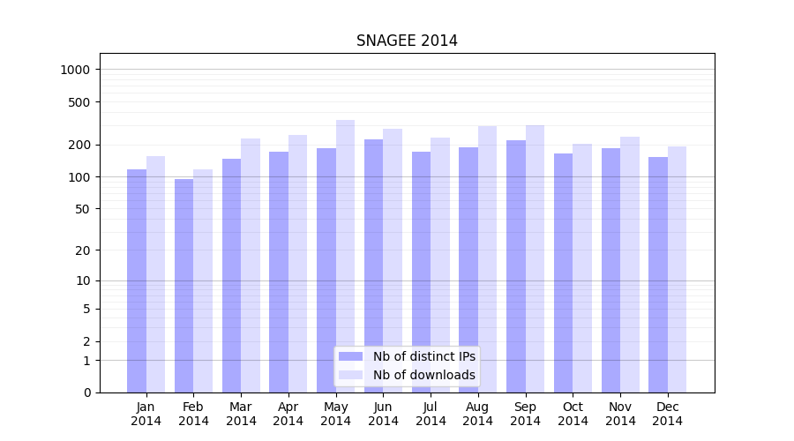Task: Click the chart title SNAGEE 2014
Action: pos(407,41)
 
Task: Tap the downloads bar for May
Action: pos(345,256)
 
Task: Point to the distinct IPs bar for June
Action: pos(373,265)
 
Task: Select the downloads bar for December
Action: pos(677,269)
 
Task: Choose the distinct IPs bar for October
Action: pos(563,273)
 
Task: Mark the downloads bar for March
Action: pos(251,265)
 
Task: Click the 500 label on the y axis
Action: pos(81,102)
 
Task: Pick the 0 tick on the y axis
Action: pos(87,392)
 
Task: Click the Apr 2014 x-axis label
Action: pos(288,414)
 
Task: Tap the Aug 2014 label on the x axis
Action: pos(478,414)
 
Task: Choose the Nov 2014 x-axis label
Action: pos(620,414)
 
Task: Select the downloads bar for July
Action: pos(440,265)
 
